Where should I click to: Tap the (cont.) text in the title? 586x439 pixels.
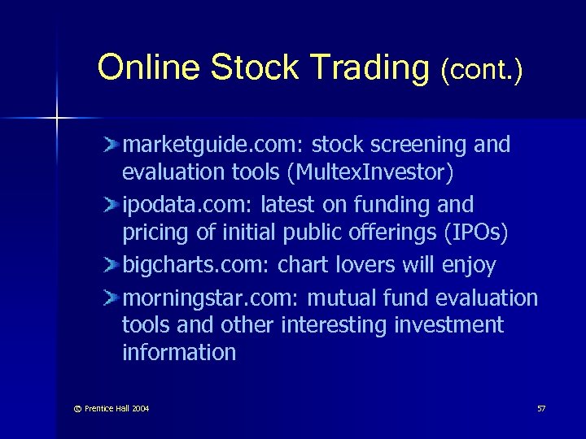[481, 70]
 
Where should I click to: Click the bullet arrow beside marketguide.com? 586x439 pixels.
[112, 146]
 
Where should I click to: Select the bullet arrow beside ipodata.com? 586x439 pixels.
[112, 205]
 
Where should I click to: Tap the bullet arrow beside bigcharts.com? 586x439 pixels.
[112, 265]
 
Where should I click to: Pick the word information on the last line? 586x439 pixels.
[179, 353]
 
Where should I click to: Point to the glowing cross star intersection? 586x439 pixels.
[58, 119]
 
